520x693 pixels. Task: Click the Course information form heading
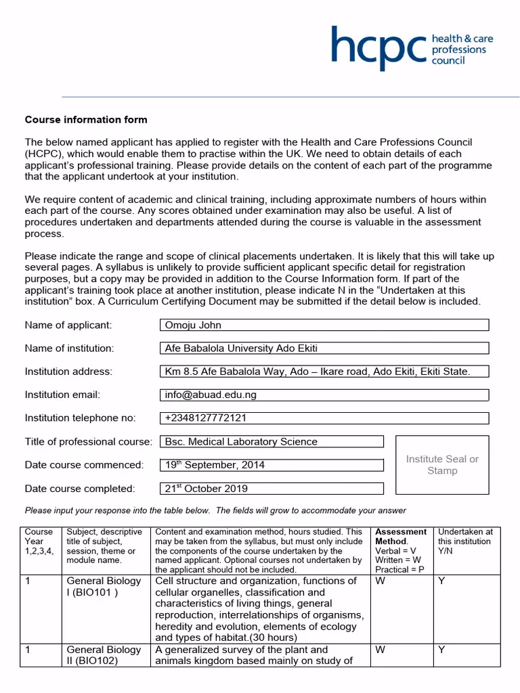pos(86,120)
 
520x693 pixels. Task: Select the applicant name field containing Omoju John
pos(324,325)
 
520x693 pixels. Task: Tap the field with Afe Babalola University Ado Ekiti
pos(324,349)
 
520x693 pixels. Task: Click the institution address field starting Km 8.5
pos(324,372)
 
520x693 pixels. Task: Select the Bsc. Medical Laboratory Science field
pos(272,441)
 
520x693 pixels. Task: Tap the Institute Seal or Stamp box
pos(441,465)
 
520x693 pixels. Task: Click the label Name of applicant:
pos(68,325)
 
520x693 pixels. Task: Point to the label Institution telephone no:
pos(80,418)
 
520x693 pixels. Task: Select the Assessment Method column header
pos(402,550)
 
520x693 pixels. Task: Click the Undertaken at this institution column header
pos(465,541)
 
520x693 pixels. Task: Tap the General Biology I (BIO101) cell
pos(104,587)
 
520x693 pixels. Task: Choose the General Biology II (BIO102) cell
pos(104,655)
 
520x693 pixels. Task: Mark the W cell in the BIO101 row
pos(380,581)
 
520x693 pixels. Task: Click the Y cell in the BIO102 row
pos(441,650)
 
